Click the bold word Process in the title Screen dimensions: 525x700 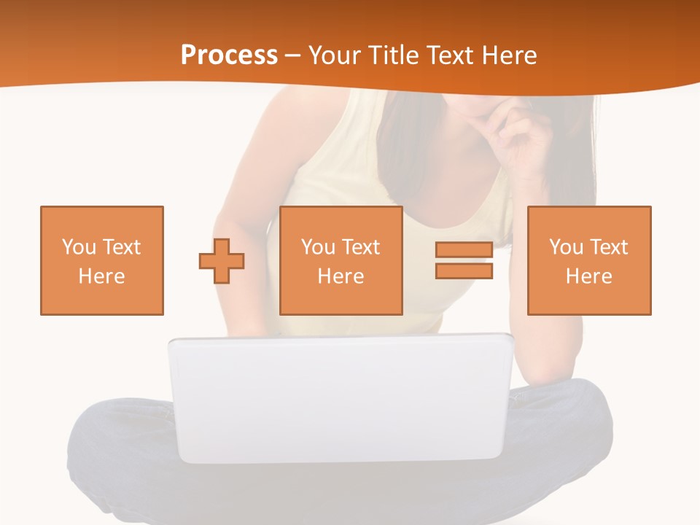click(x=229, y=55)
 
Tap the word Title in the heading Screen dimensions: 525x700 click(x=395, y=55)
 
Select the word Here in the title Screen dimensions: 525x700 click(x=510, y=55)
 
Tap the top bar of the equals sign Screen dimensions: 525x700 click(x=464, y=250)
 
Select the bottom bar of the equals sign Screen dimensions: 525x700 click(x=464, y=271)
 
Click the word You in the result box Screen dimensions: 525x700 click(x=566, y=247)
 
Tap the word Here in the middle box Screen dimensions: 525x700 click(x=341, y=276)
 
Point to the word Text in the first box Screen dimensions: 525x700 click(x=120, y=247)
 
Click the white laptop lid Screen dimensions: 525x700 click(x=340, y=397)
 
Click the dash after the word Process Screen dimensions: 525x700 click(x=292, y=55)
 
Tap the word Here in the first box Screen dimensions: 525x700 click(x=102, y=276)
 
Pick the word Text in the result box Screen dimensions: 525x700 click(x=607, y=247)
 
